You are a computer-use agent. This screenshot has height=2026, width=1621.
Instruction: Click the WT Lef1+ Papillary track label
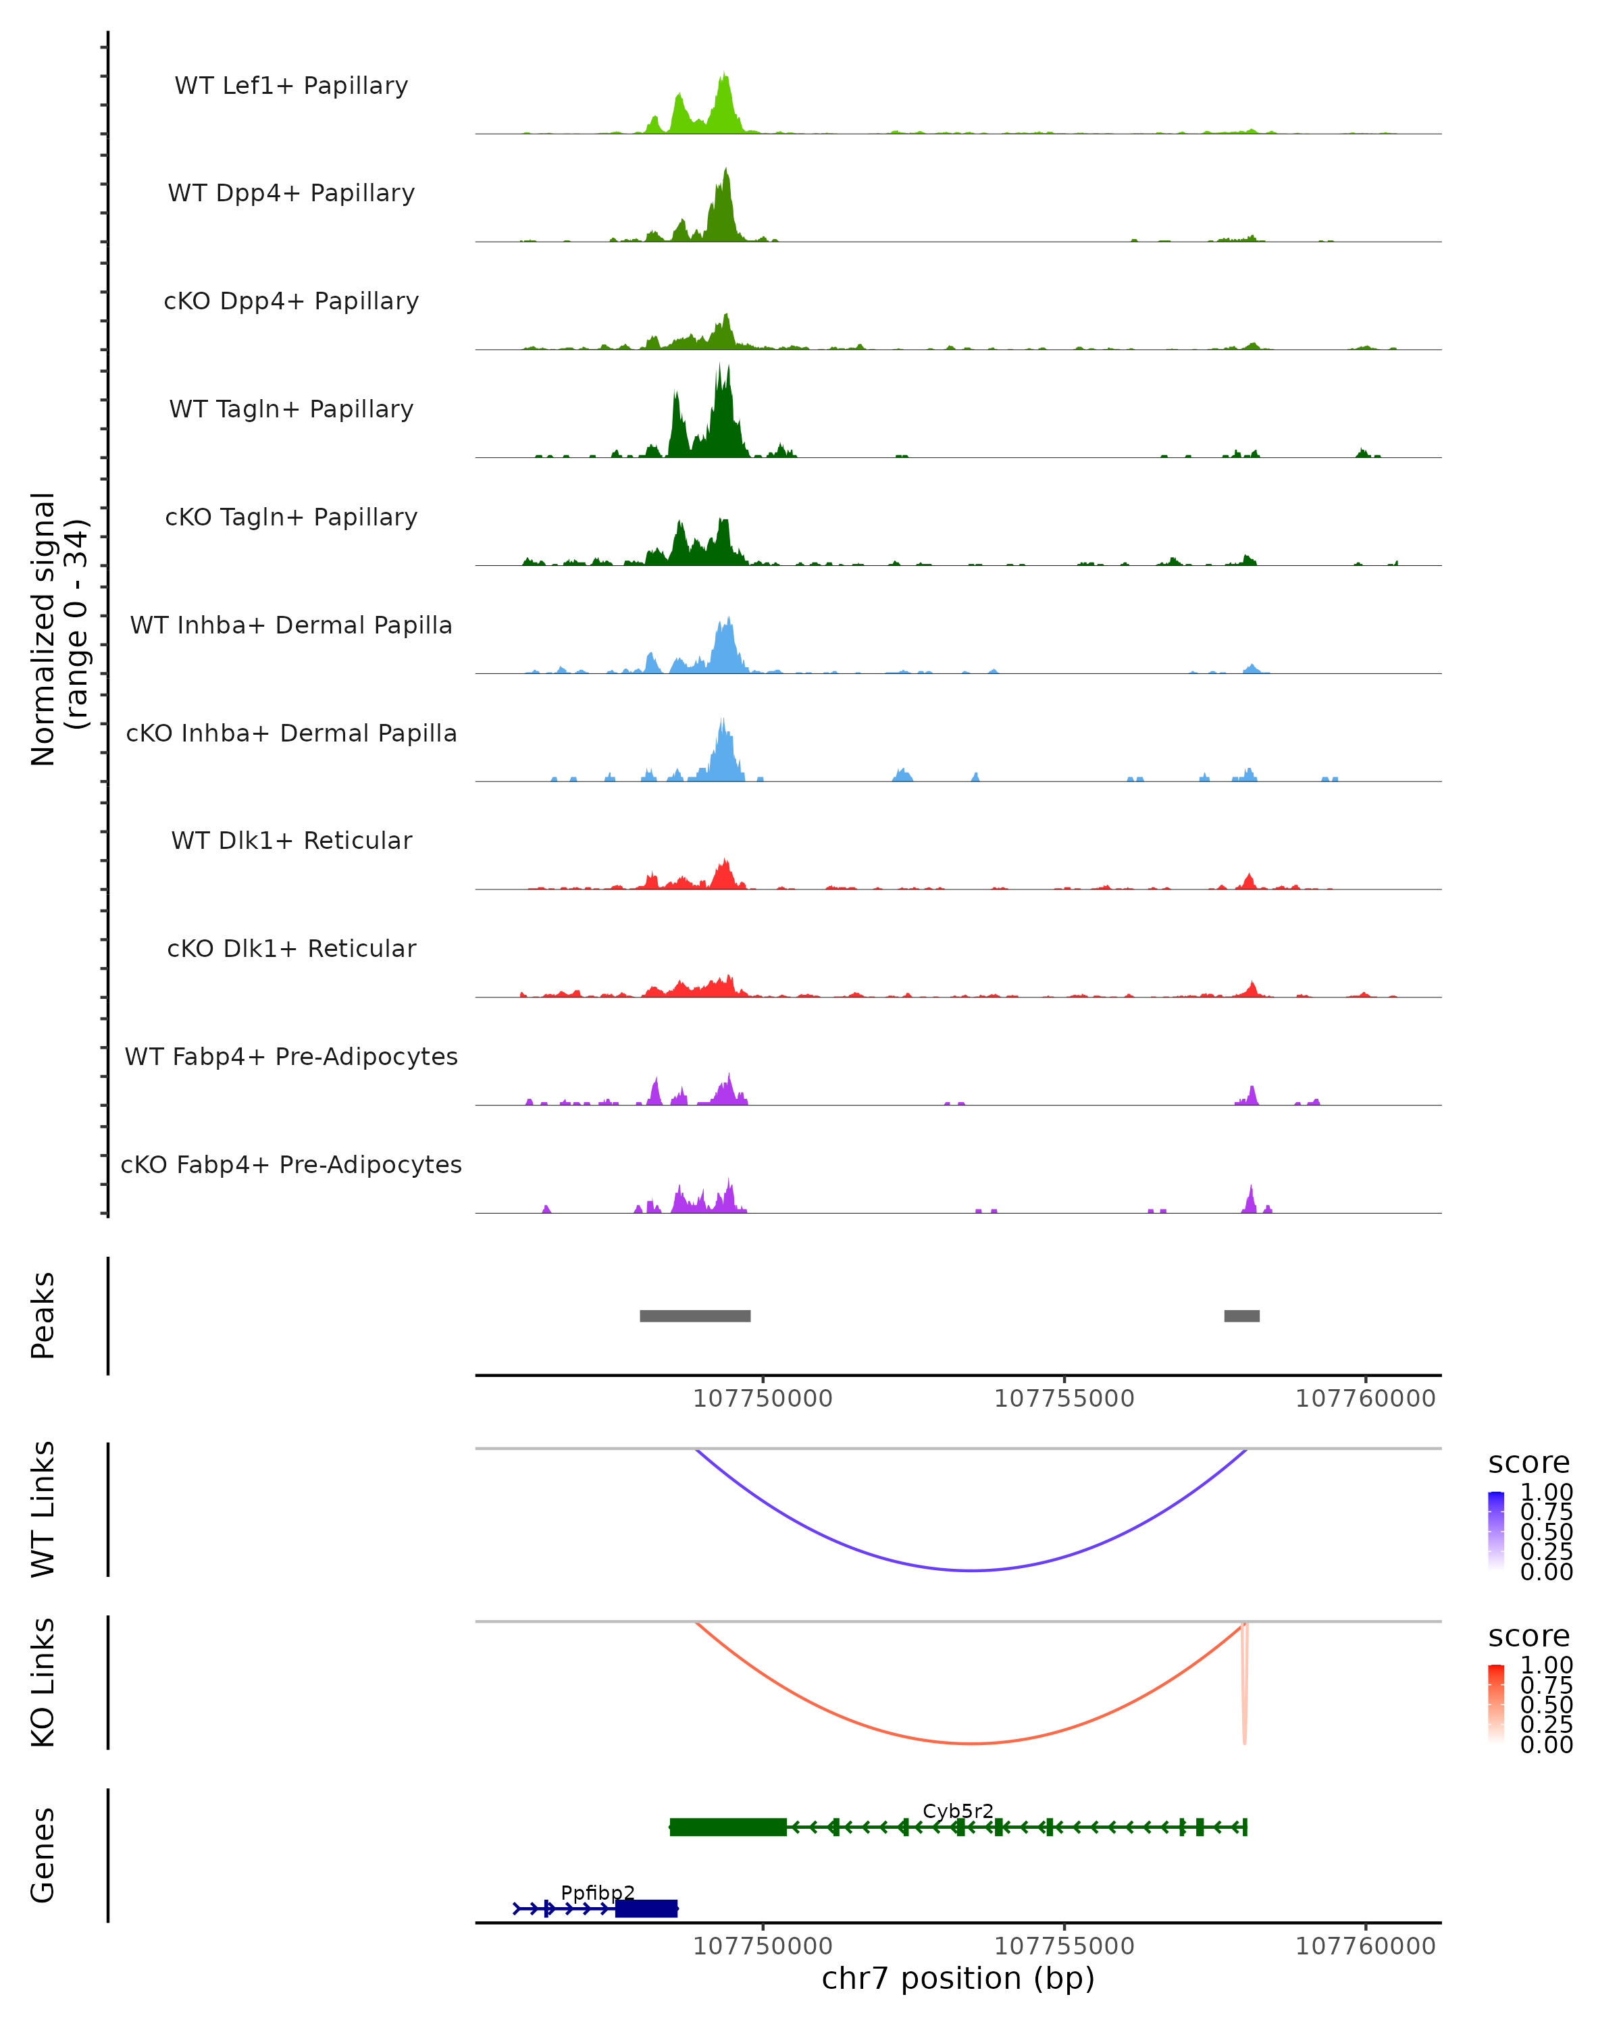(291, 86)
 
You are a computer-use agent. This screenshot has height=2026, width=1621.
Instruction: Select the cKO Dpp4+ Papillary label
(291, 302)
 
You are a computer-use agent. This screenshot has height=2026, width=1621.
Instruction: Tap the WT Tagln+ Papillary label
(291, 410)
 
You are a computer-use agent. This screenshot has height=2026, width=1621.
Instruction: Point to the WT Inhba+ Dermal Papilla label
(291, 626)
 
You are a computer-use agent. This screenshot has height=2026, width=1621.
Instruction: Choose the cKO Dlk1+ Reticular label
(291, 949)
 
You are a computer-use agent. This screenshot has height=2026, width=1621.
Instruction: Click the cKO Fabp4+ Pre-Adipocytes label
(291, 1165)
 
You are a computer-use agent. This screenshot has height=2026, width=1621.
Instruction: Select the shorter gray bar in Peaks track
(1241, 1316)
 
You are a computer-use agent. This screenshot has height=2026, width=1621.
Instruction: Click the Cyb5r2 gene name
(958, 1811)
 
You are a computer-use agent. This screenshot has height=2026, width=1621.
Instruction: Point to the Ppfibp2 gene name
(598, 1892)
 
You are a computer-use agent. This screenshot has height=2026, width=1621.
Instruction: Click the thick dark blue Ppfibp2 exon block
(646, 1908)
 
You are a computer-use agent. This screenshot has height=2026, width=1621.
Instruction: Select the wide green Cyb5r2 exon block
(728, 1827)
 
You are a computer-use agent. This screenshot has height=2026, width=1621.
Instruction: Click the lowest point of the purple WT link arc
(972, 1570)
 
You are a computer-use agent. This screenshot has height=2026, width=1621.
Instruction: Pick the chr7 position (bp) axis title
(958, 1979)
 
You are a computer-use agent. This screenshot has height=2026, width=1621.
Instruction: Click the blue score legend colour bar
(1496, 1531)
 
